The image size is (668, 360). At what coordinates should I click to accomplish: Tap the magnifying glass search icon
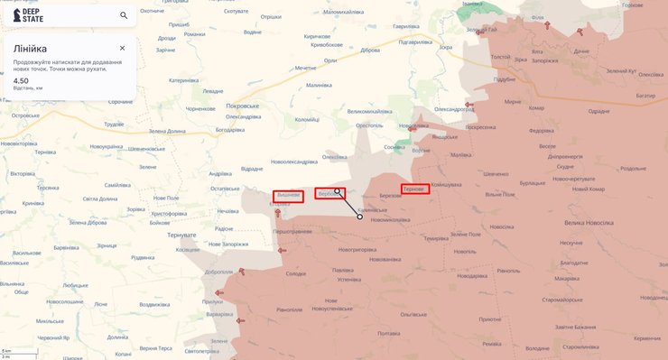coord(124,15)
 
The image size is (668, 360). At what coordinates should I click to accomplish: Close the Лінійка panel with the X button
coord(122,48)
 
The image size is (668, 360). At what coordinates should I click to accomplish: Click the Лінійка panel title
coord(30,48)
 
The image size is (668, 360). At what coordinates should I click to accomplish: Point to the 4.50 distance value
coord(21,80)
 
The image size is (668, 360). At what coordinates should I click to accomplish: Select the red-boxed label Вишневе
coord(288,196)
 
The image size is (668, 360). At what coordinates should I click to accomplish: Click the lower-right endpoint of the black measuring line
coord(359,217)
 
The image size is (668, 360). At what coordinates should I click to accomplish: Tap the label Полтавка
coord(389,334)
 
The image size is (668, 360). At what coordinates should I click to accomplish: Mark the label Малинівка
coord(319,85)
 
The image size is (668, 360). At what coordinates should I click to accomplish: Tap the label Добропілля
coord(218,272)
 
